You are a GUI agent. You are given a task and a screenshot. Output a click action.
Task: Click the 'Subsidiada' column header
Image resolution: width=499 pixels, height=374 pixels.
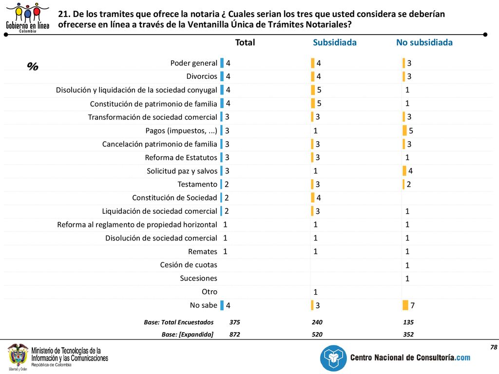click(334, 42)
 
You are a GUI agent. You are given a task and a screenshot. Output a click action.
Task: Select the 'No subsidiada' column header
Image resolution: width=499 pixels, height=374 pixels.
click(424, 42)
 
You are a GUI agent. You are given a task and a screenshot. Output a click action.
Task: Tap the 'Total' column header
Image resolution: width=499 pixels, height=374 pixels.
click(245, 42)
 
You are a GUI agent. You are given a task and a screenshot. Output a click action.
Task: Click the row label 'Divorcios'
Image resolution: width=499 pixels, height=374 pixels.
click(202, 76)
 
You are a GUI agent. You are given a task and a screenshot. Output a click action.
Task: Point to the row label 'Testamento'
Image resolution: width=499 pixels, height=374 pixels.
click(197, 184)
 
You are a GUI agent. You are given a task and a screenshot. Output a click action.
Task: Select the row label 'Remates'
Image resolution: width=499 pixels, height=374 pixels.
click(203, 252)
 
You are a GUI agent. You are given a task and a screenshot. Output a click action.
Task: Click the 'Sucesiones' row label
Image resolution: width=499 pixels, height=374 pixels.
click(199, 278)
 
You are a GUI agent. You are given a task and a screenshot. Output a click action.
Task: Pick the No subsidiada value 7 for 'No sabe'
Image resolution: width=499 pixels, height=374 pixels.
click(412, 305)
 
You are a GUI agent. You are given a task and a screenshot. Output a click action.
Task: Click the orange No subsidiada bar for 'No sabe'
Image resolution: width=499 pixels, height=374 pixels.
click(405, 305)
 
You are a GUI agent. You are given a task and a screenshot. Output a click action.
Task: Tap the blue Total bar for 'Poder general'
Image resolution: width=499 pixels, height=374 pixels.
click(222, 63)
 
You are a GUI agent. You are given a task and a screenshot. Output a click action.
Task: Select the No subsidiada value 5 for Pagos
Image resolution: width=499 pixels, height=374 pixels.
click(411, 131)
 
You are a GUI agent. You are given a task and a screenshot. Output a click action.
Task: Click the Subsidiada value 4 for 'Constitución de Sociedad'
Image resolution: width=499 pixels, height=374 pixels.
click(319, 198)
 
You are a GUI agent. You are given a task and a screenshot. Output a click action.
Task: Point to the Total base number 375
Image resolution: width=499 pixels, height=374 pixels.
click(234, 322)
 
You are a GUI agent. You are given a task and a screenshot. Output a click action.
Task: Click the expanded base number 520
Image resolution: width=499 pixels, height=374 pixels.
click(317, 334)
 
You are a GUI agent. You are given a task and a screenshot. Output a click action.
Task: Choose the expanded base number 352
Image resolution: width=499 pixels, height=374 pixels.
click(408, 334)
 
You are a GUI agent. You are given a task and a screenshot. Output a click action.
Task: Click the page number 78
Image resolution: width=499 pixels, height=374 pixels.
click(494, 347)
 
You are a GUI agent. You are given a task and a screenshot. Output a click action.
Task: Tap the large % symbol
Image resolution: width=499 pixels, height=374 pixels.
click(33, 66)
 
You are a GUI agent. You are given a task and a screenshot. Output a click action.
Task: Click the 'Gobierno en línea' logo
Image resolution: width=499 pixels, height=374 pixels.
click(28, 18)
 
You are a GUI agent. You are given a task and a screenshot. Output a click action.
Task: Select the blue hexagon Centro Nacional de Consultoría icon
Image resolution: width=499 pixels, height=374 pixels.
click(333, 358)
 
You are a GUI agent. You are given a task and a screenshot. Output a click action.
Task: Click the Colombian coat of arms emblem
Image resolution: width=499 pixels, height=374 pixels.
click(18, 355)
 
